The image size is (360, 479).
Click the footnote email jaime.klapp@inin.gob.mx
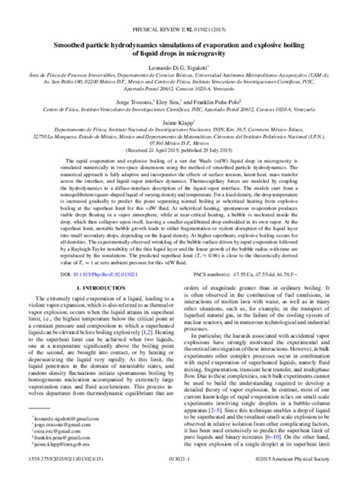[x=60, y=459]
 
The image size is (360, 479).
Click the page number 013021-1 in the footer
[x=179, y=471]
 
